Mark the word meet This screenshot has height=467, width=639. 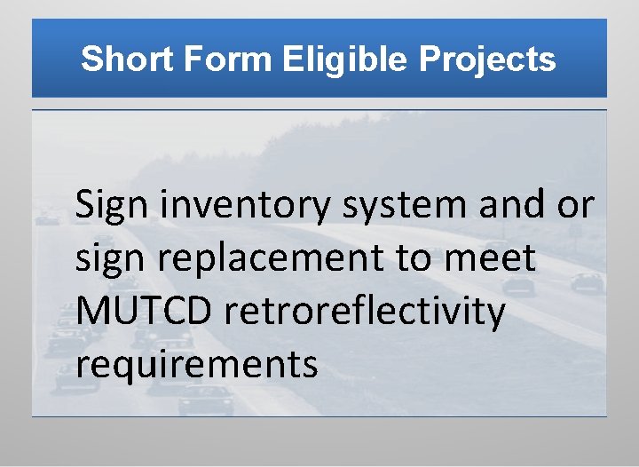(495, 258)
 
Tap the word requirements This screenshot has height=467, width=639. (197, 365)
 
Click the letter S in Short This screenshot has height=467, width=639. (90, 59)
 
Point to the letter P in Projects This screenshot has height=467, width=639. (430, 59)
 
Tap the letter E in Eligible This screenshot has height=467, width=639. (294, 59)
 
